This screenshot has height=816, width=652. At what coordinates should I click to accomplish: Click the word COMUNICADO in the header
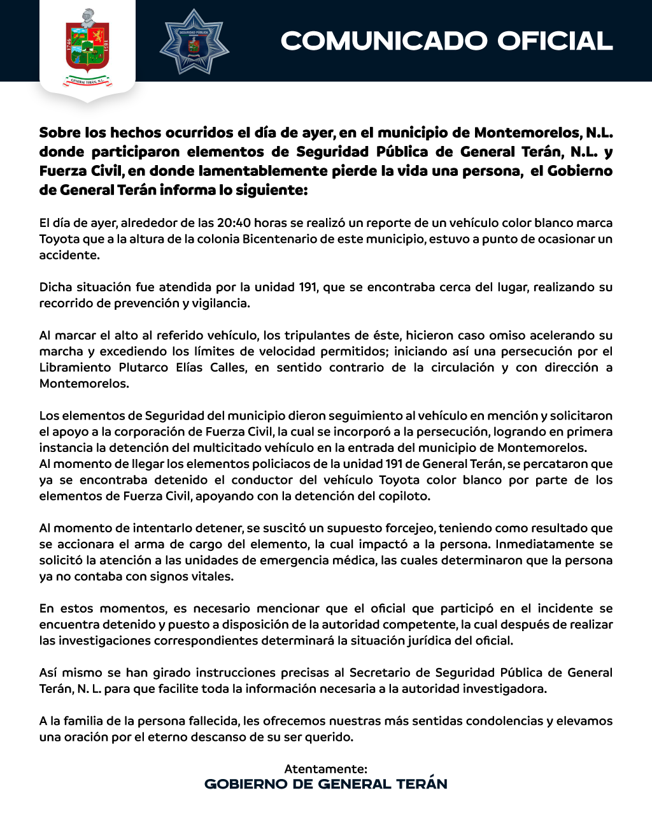pyautogui.click(x=385, y=41)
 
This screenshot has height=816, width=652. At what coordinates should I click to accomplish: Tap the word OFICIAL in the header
pyautogui.click(x=555, y=41)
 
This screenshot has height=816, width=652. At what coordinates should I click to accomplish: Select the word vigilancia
pyautogui.click(x=216, y=303)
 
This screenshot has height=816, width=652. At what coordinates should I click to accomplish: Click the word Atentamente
pyautogui.click(x=325, y=769)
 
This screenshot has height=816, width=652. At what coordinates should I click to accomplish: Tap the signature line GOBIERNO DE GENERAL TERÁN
pyautogui.click(x=325, y=784)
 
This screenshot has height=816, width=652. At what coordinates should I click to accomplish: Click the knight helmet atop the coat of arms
pyautogui.click(x=87, y=15)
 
